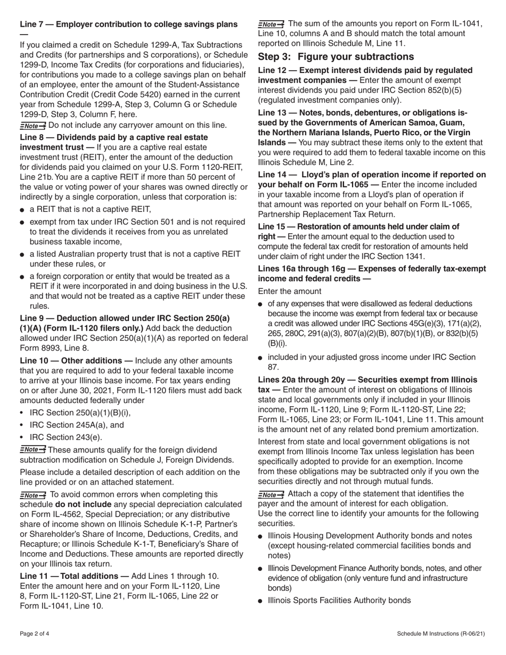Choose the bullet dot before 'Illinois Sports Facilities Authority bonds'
(260, 601)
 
